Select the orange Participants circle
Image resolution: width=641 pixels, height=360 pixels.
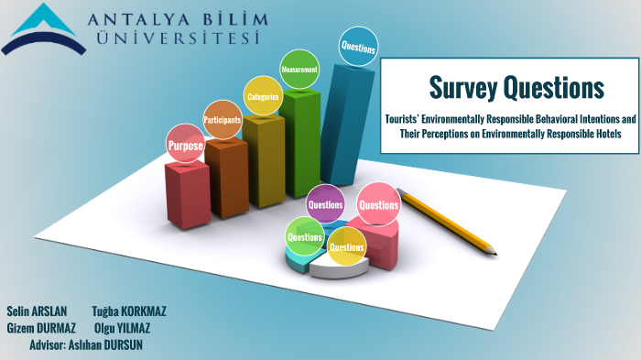click(223, 119)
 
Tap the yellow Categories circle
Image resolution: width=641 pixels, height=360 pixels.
click(263, 95)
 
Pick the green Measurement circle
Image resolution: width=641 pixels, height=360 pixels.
click(299, 69)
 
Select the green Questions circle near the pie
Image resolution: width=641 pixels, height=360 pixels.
click(304, 236)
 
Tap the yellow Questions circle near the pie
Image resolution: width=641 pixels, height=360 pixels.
click(347, 246)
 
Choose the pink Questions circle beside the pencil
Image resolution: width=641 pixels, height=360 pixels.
click(378, 205)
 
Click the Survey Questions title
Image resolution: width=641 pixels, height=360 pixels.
click(516, 88)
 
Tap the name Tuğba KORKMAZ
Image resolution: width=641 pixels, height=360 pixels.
click(129, 311)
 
